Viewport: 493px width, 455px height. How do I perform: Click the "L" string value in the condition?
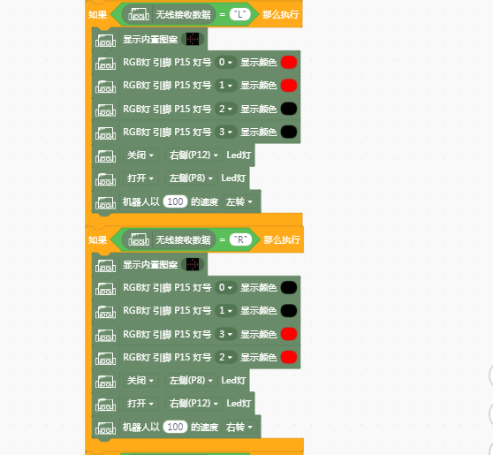pyautogui.click(x=240, y=14)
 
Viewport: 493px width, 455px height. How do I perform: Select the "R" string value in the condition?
pyautogui.click(x=240, y=239)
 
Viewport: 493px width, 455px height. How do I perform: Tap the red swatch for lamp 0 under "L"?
pyautogui.click(x=289, y=62)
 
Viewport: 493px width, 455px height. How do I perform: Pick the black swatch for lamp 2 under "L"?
pyautogui.click(x=289, y=109)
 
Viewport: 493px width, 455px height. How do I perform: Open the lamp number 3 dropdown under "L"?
pyautogui.click(x=225, y=132)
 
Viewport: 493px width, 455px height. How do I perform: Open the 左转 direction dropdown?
pyautogui.click(x=239, y=201)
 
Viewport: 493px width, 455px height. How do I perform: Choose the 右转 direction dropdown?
pyautogui.click(x=239, y=427)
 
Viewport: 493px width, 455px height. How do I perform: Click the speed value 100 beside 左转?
pyautogui.click(x=175, y=201)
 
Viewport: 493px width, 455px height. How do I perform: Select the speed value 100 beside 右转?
pyautogui.click(x=175, y=427)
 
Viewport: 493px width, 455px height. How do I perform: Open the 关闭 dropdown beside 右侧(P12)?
pyautogui.click(x=140, y=155)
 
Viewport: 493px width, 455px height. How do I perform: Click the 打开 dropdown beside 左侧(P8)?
pyautogui.click(x=140, y=178)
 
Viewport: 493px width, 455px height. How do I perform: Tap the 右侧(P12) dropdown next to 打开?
pyautogui.click(x=194, y=403)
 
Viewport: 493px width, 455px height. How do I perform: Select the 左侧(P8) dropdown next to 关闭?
pyautogui.click(x=192, y=380)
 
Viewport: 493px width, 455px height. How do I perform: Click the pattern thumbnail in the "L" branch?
pyautogui.click(x=193, y=39)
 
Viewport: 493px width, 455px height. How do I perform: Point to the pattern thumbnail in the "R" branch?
pyautogui.click(x=193, y=264)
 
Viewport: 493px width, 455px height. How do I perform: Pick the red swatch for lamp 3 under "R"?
pyautogui.click(x=289, y=334)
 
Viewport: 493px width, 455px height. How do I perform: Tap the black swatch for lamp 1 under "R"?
pyautogui.click(x=289, y=311)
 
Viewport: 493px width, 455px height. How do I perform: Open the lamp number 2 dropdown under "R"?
pyautogui.click(x=225, y=357)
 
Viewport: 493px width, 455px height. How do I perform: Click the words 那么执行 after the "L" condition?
pyautogui.click(x=280, y=14)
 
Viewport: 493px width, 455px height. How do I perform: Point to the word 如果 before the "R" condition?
pyautogui.click(x=97, y=240)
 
